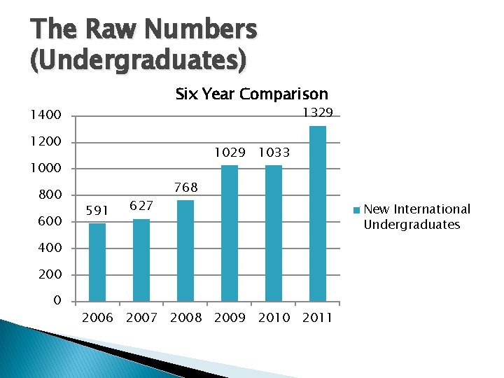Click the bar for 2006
coord(97,262)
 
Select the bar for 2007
coord(141,260)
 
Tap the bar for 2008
coord(185,251)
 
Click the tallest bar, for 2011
coord(318,213)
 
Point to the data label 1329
coord(317,113)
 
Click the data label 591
coord(97,209)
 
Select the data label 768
coord(185,187)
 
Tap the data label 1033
coord(273,152)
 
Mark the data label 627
coord(141,205)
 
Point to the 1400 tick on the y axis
coord(45,115)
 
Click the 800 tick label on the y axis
coord(50,195)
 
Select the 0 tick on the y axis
coord(57,301)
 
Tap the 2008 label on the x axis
coord(185,318)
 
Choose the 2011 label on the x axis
coord(318,318)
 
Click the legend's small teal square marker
coord(357,209)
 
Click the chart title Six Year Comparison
coord(251,94)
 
